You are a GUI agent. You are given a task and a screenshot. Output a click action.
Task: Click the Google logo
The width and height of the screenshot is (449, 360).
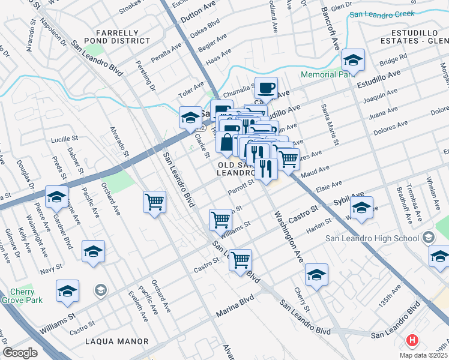point(20,353)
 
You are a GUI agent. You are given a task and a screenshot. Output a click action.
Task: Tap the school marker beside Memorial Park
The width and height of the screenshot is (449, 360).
point(354,60)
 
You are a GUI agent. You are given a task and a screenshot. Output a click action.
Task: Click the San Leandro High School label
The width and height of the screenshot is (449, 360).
point(372,238)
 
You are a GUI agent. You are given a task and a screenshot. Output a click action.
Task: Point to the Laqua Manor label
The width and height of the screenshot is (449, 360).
point(116,341)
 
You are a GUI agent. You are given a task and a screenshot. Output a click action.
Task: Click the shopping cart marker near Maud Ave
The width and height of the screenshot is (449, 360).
point(288,159)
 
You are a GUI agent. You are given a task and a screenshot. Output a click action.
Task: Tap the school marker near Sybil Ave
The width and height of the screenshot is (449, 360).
point(361,208)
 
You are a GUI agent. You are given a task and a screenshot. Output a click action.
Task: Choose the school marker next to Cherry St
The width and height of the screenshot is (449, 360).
point(316,275)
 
